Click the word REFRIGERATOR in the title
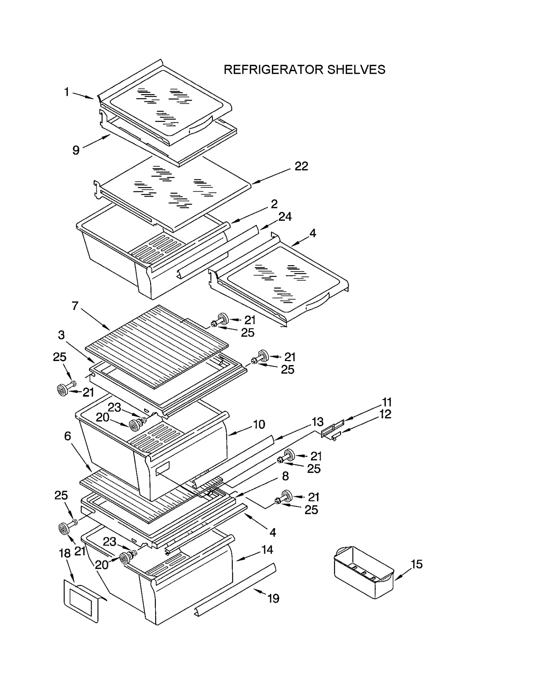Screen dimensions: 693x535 (273, 70)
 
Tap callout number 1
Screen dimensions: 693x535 (67, 92)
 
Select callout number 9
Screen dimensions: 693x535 (76, 151)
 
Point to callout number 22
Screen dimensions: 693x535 (301, 166)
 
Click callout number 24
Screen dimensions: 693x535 (285, 217)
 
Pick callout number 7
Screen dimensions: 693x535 (75, 306)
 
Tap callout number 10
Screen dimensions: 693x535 (259, 424)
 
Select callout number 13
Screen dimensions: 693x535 (317, 421)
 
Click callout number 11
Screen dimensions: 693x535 (387, 402)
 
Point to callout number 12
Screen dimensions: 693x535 (385, 414)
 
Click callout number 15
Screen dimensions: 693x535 (417, 564)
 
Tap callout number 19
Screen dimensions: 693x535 (273, 598)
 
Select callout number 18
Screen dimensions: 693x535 (65, 553)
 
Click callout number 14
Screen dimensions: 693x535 (267, 550)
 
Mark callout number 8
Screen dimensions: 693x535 (285, 476)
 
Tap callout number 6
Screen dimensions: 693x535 (68, 436)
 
